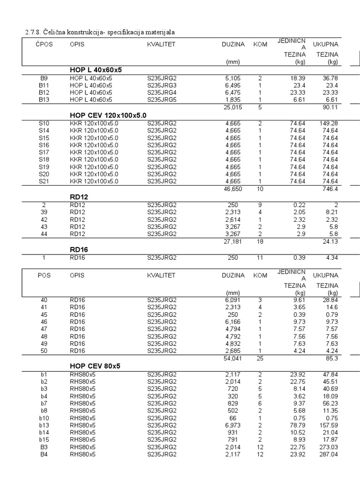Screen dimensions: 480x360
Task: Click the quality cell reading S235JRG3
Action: [162, 85]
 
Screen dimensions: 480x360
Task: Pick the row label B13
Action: [44, 100]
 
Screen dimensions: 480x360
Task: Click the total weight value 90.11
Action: [330, 107]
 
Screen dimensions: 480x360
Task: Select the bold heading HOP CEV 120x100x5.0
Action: [108, 115]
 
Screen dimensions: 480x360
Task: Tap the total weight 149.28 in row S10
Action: [328, 123]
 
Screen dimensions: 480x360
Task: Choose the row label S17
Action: [44, 152]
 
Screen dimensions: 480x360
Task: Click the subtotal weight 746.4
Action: [330, 189]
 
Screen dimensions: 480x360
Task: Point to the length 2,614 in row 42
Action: [233, 219]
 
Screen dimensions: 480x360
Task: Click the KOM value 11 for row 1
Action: [260, 257]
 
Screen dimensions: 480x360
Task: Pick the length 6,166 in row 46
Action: [232, 322]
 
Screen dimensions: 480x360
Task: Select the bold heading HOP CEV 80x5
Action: [95, 366]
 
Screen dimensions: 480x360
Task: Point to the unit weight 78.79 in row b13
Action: [297, 425]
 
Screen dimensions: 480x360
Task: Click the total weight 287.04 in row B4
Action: [328, 454]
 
